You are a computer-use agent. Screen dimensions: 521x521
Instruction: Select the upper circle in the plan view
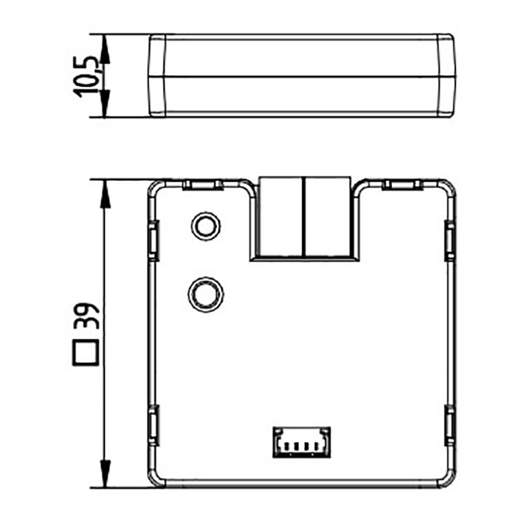pos(205,225)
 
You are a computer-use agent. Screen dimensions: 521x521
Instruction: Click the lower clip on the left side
pos(154,425)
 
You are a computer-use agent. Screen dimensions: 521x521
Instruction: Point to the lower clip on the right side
pos(449,425)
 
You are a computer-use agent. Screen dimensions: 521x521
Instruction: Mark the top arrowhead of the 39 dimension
pos(104,189)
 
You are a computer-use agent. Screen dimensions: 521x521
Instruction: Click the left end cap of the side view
pos(157,75)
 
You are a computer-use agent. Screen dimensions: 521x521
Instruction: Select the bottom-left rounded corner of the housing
pos(157,479)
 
